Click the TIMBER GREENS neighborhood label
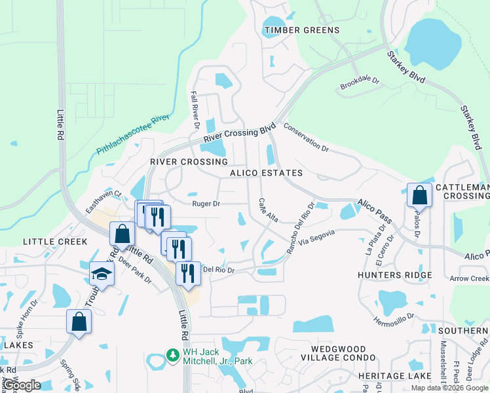[301, 30]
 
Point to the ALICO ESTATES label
[266, 173]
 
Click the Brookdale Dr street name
[360, 84]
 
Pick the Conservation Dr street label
[306, 137]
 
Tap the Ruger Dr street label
[206, 204]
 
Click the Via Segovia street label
[316, 238]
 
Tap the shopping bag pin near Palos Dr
[419, 195]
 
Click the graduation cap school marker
[102, 273]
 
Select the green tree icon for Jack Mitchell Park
[173, 354]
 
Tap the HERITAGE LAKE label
[394, 376]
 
